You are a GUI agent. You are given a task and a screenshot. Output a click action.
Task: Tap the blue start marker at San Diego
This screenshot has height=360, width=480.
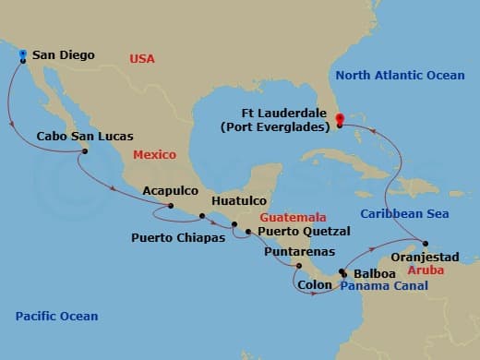click(22, 54)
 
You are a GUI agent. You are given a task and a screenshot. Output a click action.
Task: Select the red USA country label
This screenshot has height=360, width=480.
click(141, 59)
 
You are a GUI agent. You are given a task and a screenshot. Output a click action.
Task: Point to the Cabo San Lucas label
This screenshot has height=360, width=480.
click(77, 136)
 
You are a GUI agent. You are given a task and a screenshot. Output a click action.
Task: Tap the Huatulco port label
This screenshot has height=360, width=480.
click(239, 199)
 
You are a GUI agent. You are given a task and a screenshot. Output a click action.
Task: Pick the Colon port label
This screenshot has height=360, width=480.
click(316, 285)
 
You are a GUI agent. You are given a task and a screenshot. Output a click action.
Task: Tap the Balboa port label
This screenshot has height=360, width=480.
click(373, 274)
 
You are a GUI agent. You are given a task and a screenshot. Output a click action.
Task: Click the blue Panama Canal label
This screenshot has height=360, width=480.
click(383, 287)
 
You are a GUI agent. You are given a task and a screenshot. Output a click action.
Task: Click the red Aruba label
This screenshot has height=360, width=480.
click(426, 272)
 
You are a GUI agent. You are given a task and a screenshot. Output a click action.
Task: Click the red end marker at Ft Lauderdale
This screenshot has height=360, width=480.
click(339, 118)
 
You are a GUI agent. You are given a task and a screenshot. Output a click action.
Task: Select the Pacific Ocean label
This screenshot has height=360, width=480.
click(56, 317)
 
